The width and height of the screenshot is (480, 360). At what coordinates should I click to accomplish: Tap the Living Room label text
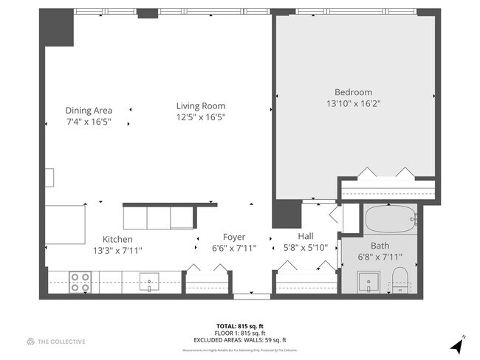click(x=200, y=105)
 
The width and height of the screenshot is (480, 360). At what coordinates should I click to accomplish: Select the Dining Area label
click(x=89, y=110)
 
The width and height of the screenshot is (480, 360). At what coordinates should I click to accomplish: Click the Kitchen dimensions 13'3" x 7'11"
click(x=117, y=250)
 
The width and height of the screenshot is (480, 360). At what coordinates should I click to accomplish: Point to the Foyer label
click(x=233, y=237)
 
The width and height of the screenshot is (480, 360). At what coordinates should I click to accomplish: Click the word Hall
click(x=305, y=236)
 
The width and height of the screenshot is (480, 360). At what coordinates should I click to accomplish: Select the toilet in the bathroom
click(x=400, y=281)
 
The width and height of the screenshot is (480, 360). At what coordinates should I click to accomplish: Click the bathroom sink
click(x=367, y=281)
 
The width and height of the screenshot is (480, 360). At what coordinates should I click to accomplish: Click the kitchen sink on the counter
click(x=149, y=281)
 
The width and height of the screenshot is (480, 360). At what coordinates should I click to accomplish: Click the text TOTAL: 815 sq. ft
click(x=239, y=325)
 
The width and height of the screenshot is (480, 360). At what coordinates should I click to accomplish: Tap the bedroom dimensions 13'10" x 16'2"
click(x=353, y=103)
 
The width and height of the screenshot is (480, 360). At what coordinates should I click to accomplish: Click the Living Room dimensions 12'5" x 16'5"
click(x=200, y=117)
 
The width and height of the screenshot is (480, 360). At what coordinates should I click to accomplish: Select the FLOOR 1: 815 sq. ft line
click(x=239, y=332)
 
